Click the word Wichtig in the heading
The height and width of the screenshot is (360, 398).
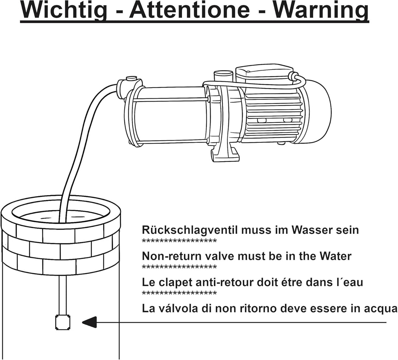coord(63,10)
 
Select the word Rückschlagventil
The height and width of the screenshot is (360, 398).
coord(190,230)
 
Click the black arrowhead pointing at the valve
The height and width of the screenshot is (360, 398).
coord(89,322)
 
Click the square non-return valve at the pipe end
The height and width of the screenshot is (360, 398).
coord(62,322)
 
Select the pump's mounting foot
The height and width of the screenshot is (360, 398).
coord(224,152)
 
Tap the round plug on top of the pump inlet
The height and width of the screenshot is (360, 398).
coord(131,78)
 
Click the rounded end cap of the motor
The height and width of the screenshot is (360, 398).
coord(319,112)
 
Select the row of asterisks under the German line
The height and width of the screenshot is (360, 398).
coord(179,241)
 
